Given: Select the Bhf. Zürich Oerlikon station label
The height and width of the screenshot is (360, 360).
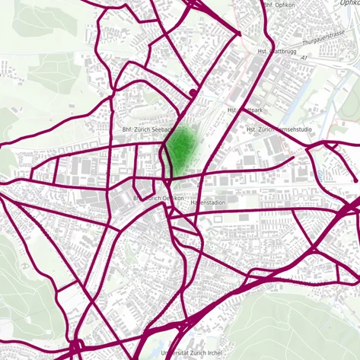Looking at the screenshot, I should click(159, 198).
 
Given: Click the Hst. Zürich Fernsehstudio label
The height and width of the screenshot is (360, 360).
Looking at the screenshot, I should click(279, 130).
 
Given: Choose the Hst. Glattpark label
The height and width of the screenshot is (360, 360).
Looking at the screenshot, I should click(244, 110).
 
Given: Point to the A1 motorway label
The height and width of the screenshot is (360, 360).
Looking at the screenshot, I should click(303, 57).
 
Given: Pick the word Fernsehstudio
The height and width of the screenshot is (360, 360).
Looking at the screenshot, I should click(292, 130).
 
